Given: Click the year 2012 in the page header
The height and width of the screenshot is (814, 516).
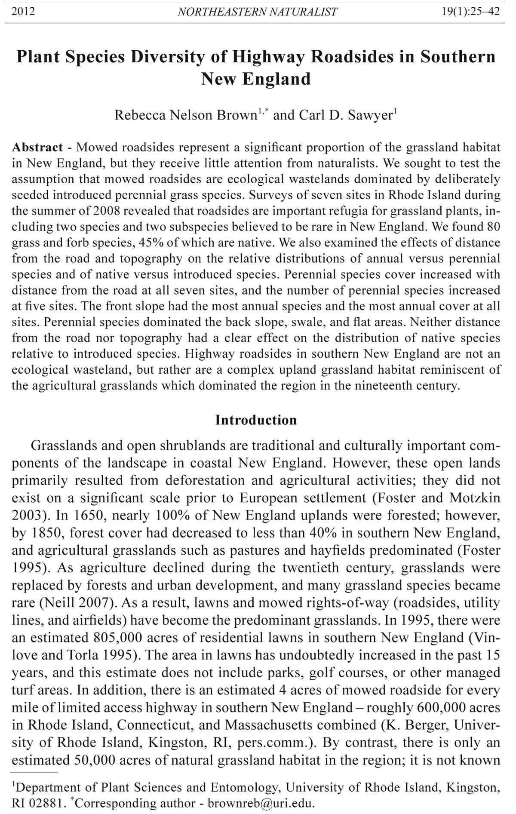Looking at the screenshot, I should [x=23, y=11].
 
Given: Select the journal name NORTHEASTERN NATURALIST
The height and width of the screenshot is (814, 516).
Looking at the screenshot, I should [x=257, y=12].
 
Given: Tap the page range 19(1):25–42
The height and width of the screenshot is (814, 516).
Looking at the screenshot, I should [x=471, y=11].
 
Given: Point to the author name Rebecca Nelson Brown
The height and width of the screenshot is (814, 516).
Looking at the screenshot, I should [x=185, y=116].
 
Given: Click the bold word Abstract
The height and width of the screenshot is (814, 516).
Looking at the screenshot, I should [x=37, y=147].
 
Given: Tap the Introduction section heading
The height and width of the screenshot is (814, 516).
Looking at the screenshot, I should [x=256, y=420].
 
